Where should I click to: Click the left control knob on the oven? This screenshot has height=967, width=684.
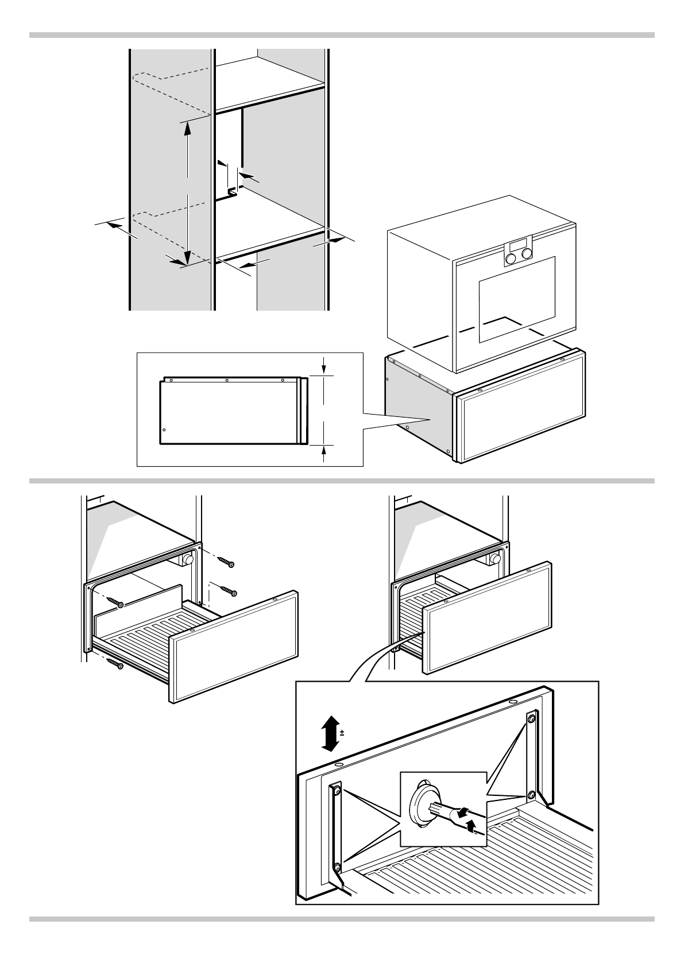click(x=511, y=259)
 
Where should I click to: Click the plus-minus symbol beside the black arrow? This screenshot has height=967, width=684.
click(x=342, y=733)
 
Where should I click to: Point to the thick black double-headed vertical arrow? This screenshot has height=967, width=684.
click(x=329, y=733)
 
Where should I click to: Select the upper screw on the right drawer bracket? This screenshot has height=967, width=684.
click(x=531, y=718)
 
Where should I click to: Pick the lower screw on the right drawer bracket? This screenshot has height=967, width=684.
click(x=532, y=795)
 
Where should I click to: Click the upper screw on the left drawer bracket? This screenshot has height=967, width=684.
click(x=337, y=791)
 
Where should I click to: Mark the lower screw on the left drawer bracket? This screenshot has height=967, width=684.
click(x=337, y=867)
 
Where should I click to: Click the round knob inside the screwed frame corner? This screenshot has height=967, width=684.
click(x=188, y=559)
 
